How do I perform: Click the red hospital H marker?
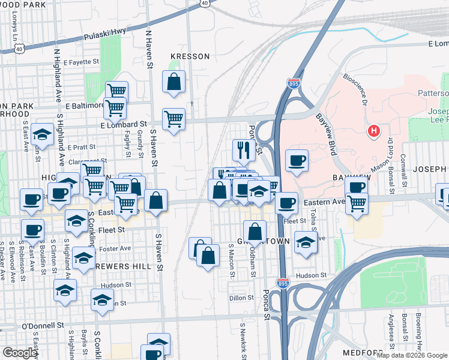coord(374,131)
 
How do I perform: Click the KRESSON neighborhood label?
coord(190,56)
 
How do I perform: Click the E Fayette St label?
coord(74,62)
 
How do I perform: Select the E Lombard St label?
coord(124,124)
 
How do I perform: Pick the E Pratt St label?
coord(82,147)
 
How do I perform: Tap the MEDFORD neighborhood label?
coord(363,352)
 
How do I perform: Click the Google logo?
coord(20,353)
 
